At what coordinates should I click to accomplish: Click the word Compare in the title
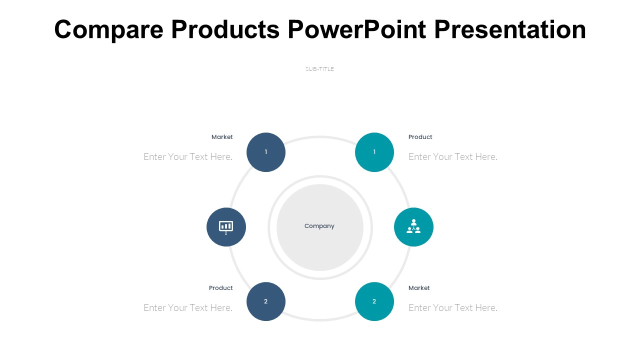pos(109,29)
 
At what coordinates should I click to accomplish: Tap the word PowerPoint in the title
pos(357,29)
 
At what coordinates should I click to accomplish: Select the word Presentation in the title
pos(510,29)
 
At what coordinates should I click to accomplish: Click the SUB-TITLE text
pos(319,69)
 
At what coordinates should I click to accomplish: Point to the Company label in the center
pos(319,226)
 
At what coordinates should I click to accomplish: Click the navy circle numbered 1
pos(266,152)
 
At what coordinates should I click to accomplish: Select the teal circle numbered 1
pos(374,152)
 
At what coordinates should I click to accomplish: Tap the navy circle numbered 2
pos(266,301)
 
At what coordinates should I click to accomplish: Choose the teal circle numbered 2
pos(374,301)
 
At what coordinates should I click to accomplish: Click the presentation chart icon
pos(226,227)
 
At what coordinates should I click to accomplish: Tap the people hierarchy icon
pos(413,226)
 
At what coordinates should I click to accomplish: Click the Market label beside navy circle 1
pos(222,137)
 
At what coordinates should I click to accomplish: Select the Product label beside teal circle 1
pos(420,137)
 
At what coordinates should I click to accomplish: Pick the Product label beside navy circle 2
pos(221,288)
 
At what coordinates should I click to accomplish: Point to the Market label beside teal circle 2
pos(419,288)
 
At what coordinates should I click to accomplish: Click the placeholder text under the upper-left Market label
pos(188,157)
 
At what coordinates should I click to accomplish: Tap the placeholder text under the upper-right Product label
pos(453,157)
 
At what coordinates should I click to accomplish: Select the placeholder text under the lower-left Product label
pos(188,307)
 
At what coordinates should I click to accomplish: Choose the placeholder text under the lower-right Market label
pos(453,307)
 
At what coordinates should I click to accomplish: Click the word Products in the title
pos(225,29)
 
